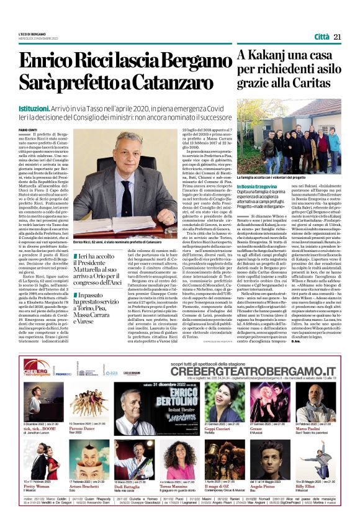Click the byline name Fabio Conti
(28, 128)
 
